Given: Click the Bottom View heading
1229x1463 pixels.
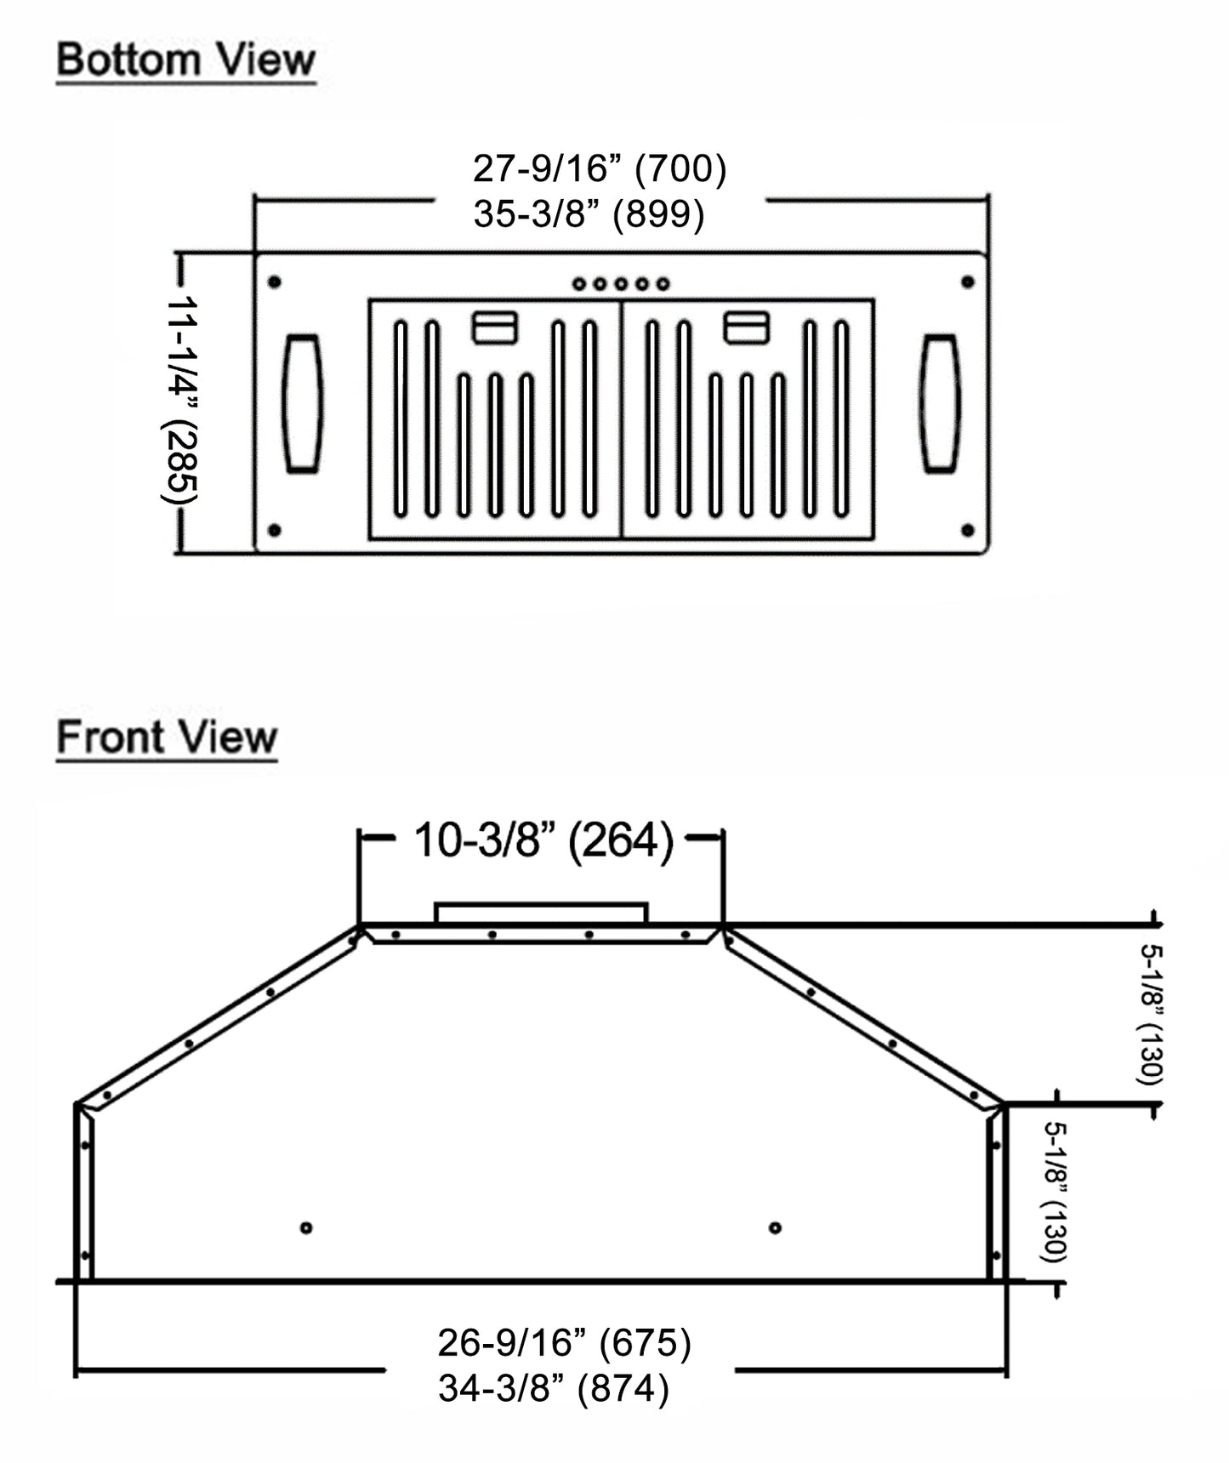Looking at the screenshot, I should click(x=185, y=60).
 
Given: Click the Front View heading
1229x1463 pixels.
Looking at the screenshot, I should click(x=167, y=737).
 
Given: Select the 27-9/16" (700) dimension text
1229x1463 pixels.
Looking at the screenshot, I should click(x=600, y=168).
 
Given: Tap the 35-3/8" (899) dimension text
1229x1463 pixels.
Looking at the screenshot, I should click(x=589, y=213).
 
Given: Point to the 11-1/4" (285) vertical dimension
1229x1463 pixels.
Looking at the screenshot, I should click(x=180, y=400).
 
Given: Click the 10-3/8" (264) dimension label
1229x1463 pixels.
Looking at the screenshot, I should click(x=543, y=840).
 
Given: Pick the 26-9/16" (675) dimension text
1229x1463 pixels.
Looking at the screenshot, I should click(x=564, y=1343).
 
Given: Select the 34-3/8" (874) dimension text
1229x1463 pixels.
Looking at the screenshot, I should click(x=554, y=1388).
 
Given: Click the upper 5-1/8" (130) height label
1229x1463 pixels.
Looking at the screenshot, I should click(x=1150, y=1014).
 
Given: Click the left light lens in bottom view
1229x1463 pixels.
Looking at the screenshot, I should click(x=302, y=403).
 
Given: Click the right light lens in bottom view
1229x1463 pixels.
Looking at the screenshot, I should click(x=940, y=403).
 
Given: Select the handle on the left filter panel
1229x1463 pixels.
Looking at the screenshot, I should click(x=495, y=327).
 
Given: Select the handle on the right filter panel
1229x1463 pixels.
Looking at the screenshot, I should click(x=747, y=327).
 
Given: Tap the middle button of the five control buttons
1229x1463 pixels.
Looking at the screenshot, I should click(x=621, y=283).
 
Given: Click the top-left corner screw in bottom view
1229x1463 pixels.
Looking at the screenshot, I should click(x=274, y=282).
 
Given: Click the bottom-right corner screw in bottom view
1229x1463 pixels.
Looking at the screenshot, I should click(x=967, y=530).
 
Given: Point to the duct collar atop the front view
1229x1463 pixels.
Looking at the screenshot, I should click(x=541, y=913).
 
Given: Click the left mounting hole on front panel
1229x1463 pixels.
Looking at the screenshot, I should click(x=306, y=1227).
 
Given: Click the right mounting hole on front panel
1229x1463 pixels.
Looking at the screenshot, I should click(x=775, y=1227).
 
